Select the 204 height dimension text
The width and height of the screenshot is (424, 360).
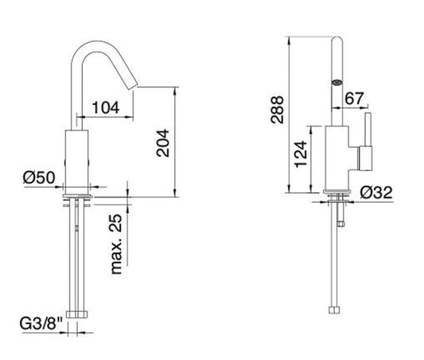click(x=164, y=144)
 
